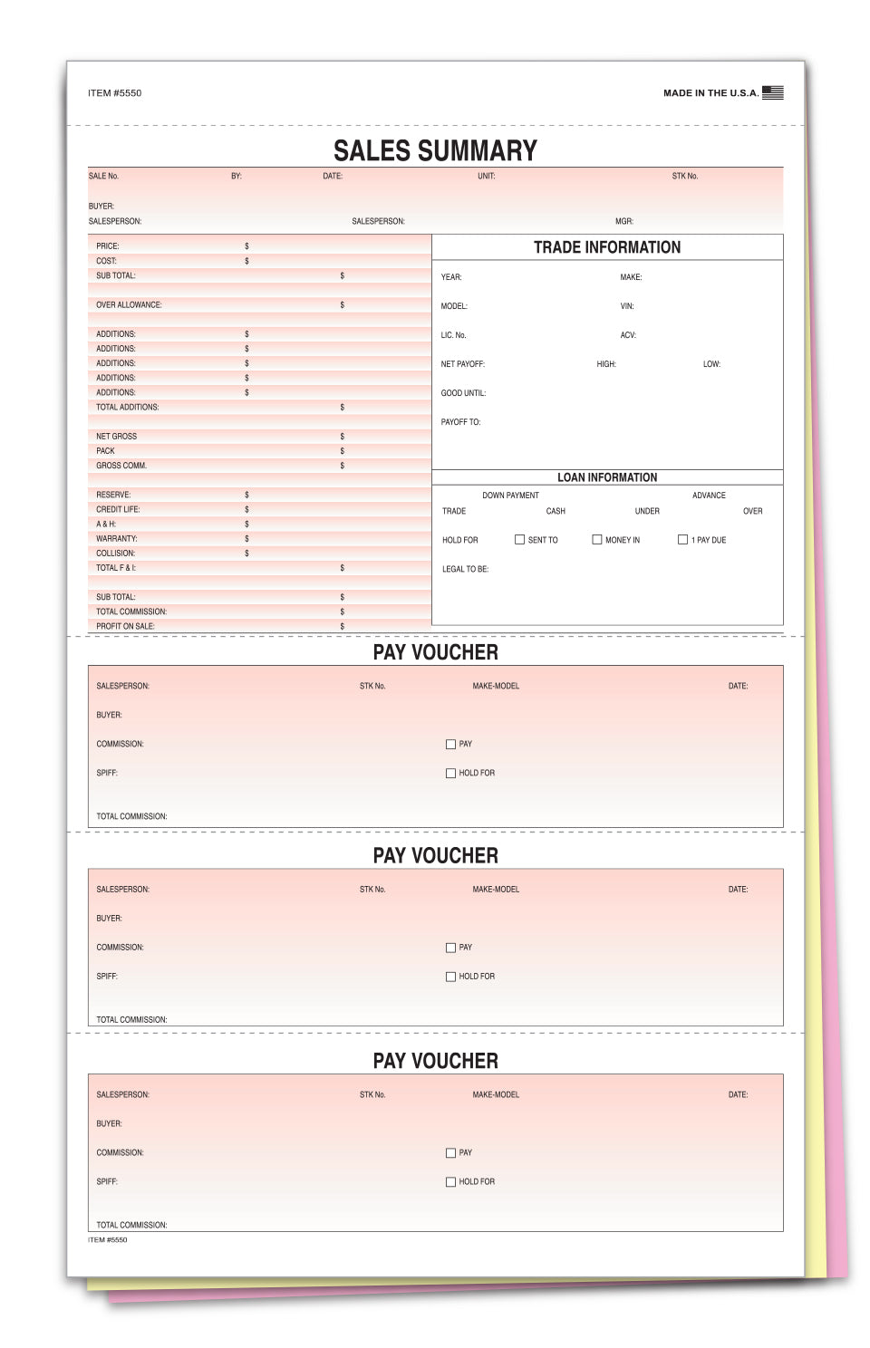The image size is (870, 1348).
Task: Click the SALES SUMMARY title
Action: (435, 150)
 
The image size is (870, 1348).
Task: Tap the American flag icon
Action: (772, 92)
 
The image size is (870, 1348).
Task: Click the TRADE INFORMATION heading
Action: (606, 247)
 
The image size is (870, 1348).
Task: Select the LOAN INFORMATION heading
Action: (607, 477)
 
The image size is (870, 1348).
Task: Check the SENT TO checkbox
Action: (519, 540)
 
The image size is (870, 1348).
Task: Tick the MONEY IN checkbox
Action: (596, 540)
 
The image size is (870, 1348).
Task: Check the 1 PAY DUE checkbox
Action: (682, 540)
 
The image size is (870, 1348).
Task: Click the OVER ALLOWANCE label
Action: (129, 305)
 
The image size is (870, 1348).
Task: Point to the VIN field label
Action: (627, 306)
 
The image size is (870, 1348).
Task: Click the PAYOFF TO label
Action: (460, 422)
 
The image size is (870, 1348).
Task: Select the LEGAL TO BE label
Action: (465, 569)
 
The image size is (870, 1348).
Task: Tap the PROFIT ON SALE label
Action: (125, 626)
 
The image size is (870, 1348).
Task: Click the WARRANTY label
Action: (116, 538)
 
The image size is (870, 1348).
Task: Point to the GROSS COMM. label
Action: (121, 466)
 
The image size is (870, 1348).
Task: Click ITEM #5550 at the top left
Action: (114, 93)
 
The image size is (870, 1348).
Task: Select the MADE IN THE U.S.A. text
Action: (710, 93)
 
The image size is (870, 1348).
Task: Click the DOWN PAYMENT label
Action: (510, 496)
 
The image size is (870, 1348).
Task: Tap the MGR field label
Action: (623, 221)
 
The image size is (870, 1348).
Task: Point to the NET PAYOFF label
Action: (462, 364)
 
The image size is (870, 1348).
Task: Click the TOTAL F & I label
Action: (116, 568)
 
